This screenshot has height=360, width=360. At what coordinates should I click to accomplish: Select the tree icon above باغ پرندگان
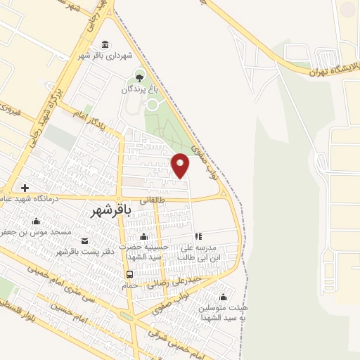click(x=139, y=77)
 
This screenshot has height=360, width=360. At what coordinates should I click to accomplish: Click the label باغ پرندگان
click(x=136, y=89)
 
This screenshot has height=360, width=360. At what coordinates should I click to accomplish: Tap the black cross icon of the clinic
click(x=25, y=188)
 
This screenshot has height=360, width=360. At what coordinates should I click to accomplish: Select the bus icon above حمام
click(x=129, y=274)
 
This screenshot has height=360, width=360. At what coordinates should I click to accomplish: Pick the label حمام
click(x=130, y=286)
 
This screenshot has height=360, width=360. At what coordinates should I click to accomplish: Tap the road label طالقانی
click(x=153, y=199)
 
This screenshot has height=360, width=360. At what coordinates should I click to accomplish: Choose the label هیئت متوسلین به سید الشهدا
click(x=224, y=312)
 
